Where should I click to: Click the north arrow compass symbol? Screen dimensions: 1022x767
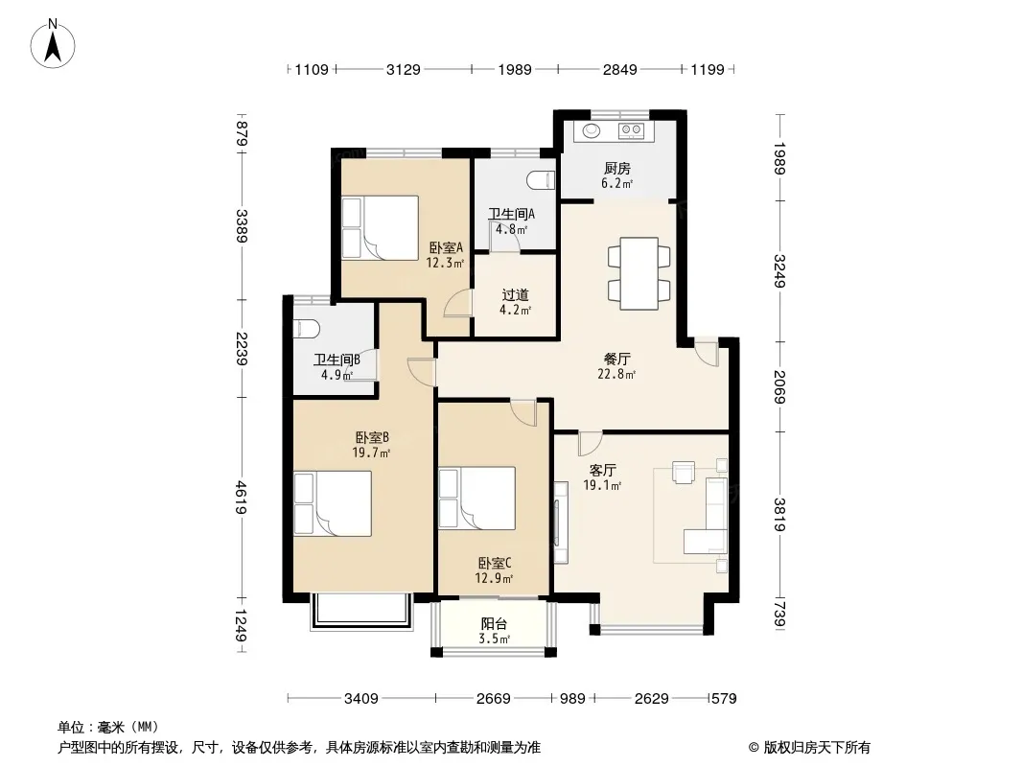[53, 43]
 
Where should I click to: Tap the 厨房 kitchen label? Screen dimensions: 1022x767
[616, 169]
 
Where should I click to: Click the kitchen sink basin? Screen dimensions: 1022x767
[592, 130]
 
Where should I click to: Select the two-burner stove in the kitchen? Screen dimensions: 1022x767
[631, 130]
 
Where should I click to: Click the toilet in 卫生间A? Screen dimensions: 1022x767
[541, 180]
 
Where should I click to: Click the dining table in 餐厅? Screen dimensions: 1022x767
[639, 273]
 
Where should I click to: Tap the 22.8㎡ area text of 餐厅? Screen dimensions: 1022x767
[616, 374]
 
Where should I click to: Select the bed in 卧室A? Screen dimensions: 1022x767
[380, 228]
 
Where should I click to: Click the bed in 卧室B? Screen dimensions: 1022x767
[333, 503]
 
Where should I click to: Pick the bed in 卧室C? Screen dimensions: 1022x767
[477, 498]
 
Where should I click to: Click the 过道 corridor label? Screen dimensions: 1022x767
[515, 295]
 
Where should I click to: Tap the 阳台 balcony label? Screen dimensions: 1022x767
[494, 623]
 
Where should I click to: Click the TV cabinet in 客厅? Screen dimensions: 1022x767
[561, 522]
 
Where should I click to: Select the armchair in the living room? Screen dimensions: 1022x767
[684, 472]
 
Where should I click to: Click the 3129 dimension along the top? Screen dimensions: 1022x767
[404, 69]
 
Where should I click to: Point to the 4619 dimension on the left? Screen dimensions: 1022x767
[242, 498]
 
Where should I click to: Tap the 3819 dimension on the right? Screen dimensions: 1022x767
[779, 514]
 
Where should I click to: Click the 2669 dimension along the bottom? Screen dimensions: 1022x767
[494, 699]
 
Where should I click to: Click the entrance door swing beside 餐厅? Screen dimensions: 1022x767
[707, 353]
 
